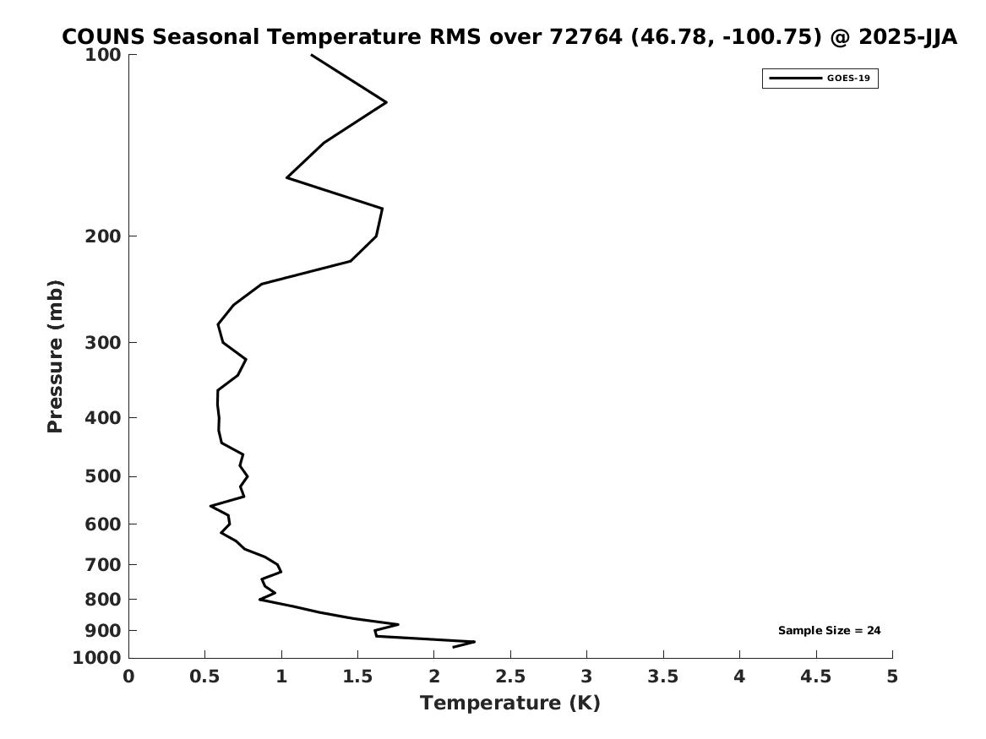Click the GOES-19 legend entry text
(x=848, y=79)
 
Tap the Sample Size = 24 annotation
(x=829, y=630)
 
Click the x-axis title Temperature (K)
(x=509, y=703)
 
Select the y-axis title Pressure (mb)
(x=56, y=356)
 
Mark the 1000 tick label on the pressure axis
(x=99, y=658)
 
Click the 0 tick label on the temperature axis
(x=128, y=676)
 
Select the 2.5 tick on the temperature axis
(x=510, y=676)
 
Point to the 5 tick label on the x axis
(x=892, y=676)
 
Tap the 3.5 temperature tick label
(x=663, y=676)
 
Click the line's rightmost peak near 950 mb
(x=474, y=642)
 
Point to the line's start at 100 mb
(x=312, y=55)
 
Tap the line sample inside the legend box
(x=795, y=79)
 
